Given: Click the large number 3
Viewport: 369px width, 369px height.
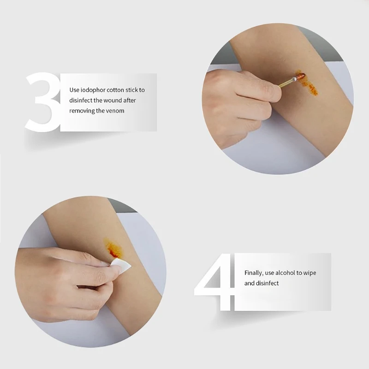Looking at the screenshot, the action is click(42, 102).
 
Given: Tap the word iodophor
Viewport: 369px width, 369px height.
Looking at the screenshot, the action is click(93, 90).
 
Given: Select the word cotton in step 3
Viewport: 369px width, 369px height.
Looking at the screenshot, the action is click(115, 90).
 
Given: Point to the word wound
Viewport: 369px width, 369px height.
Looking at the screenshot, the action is click(113, 101).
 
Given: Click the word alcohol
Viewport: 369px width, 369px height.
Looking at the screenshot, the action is click(285, 273).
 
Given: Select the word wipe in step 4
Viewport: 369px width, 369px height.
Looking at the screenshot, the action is click(309, 273).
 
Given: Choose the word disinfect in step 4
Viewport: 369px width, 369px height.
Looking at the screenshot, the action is click(267, 283).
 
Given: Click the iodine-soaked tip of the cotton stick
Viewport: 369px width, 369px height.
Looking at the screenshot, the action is click(301, 76).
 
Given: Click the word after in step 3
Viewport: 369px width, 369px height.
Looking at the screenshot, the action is click(130, 101).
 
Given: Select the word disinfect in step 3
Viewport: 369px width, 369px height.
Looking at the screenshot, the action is click(80, 101).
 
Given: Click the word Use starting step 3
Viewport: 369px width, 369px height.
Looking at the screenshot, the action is click(74, 90).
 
